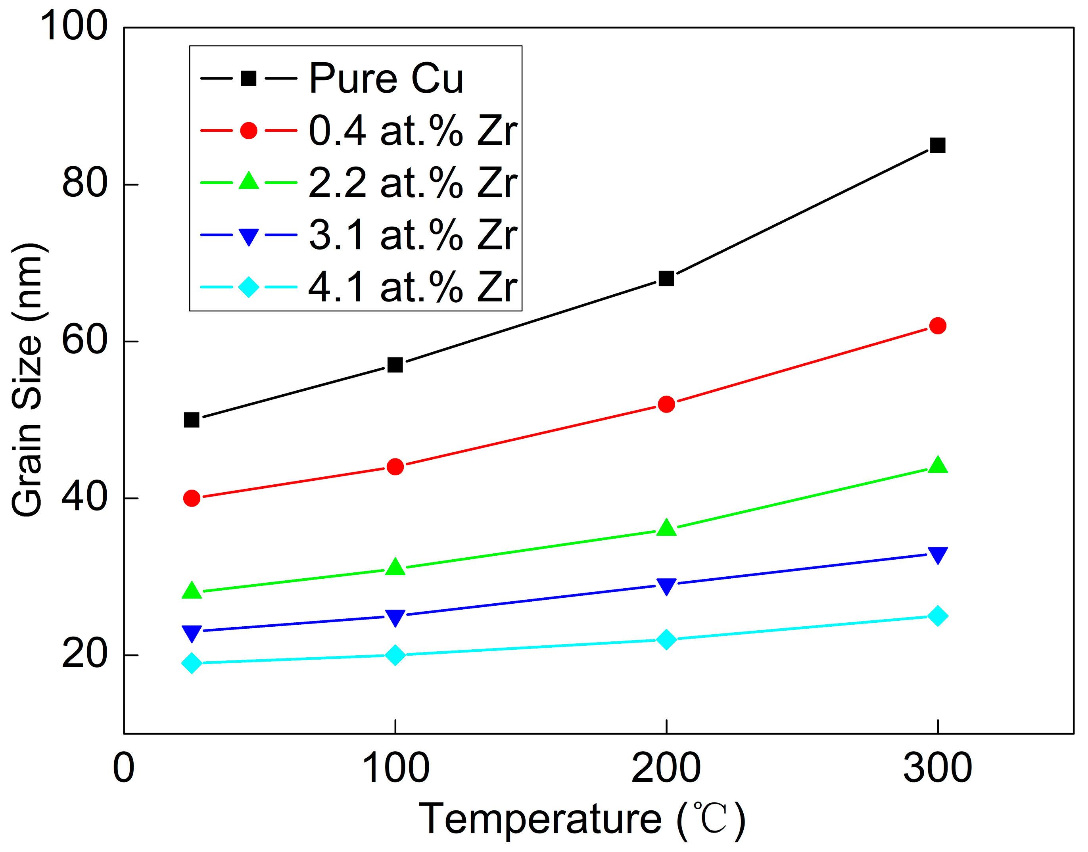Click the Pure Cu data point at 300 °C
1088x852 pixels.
[x=937, y=146]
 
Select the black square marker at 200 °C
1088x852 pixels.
[x=666, y=278]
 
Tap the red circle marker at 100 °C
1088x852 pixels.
[x=395, y=467]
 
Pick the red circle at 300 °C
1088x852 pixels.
[x=937, y=326]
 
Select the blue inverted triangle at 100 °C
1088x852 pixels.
[x=395, y=617]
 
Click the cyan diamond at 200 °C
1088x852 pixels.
[x=666, y=639]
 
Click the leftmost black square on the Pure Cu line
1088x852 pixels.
[x=192, y=420]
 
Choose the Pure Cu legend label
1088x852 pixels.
[x=386, y=79]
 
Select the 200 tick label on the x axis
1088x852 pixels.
[x=666, y=768]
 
